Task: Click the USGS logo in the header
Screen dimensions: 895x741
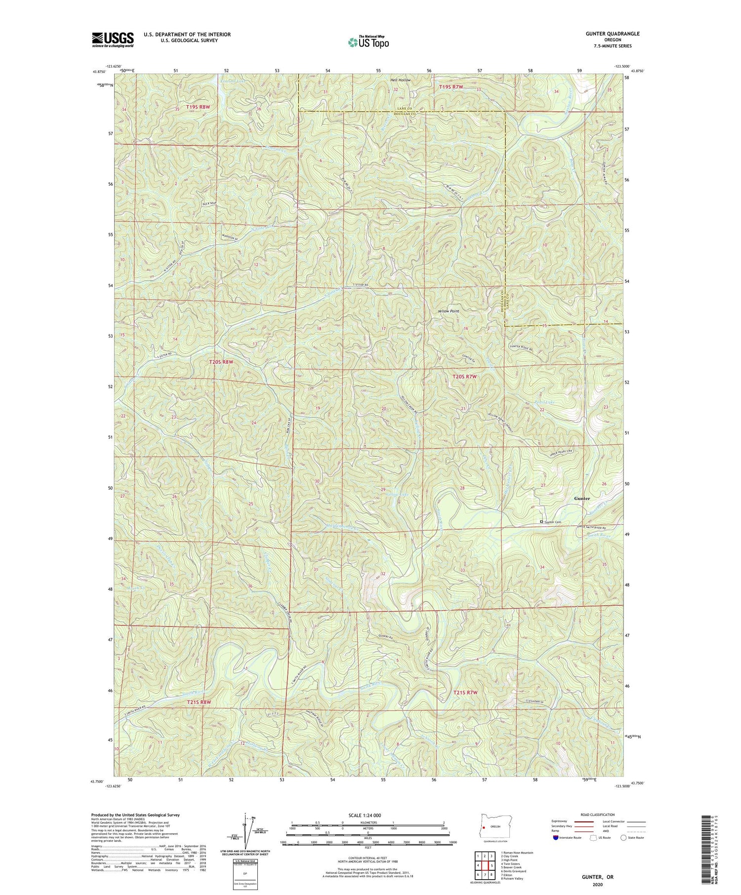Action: point(113,39)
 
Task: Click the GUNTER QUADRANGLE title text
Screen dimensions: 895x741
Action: point(611,34)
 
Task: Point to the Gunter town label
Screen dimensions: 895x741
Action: point(581,499)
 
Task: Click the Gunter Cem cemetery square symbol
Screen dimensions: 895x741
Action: point(541,522)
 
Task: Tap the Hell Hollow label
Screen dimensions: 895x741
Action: point(400,79)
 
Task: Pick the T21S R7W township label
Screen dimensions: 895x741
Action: point(466,693)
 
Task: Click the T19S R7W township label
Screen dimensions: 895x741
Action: point(452,87)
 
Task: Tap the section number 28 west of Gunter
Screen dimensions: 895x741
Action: point(462,488)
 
